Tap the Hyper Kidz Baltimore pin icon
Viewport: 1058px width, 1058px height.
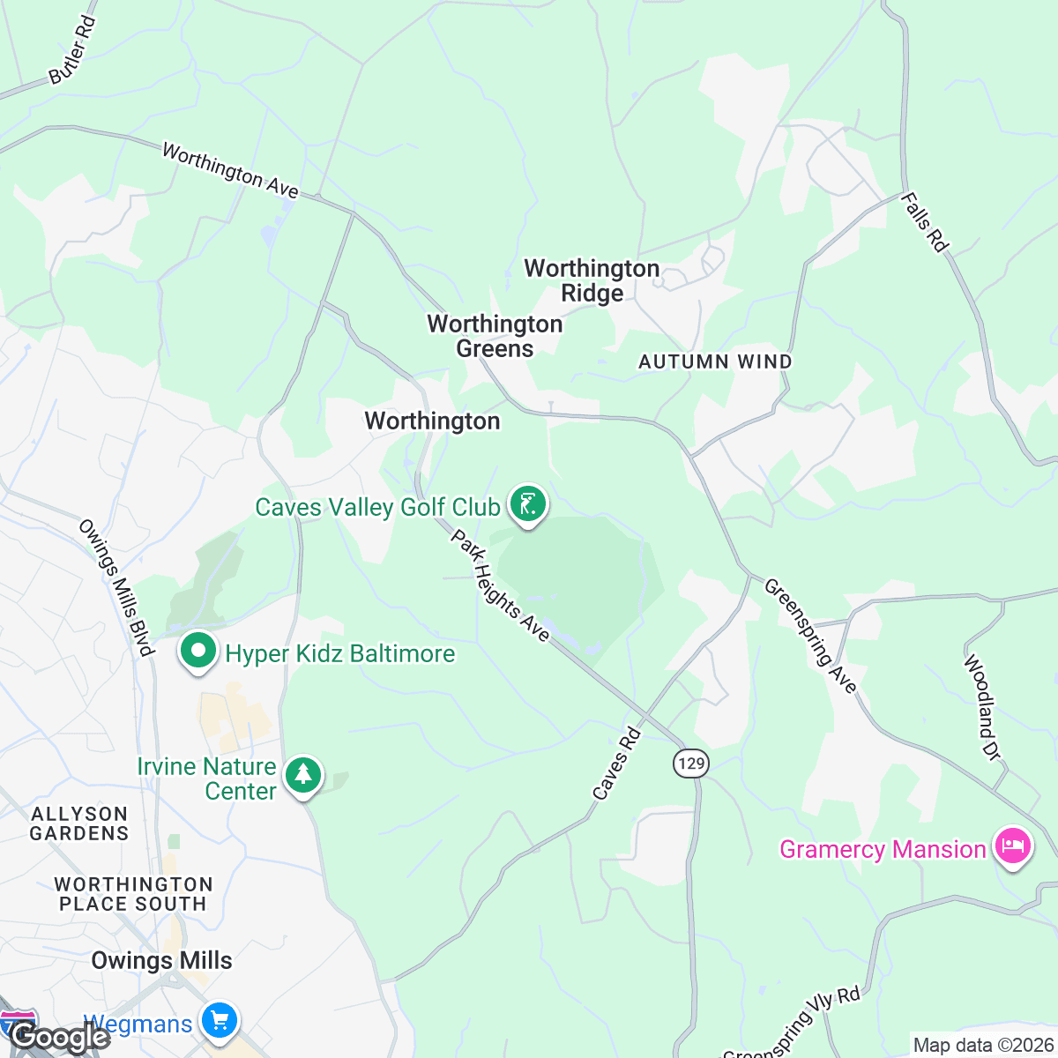[x=198, y=652]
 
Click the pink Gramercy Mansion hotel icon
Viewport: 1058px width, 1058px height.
[x=1012, y=847]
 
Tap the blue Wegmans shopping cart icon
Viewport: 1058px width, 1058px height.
[x=220, y=1022]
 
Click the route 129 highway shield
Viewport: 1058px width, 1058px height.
[x=690, y=763]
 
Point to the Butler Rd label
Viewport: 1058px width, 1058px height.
[x=72, y=51]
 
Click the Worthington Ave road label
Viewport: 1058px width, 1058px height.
[x=230, y=171]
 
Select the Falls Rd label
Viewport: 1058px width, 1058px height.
[x=924, y=222]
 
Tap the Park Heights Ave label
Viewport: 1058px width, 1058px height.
[x=500, y=585]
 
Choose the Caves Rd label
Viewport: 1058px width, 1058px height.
[x=615, y=764]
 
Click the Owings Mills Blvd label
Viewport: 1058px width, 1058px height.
[x=116, y=587]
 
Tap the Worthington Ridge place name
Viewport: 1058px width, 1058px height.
[x=592, y=280]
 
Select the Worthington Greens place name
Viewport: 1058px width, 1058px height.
[x=495, y=336]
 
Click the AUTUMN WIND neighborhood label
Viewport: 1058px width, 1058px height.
[x=715, y=361]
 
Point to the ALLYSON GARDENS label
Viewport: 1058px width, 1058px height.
[x=79, y=823]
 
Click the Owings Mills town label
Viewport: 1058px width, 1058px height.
[x=162, y=960]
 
